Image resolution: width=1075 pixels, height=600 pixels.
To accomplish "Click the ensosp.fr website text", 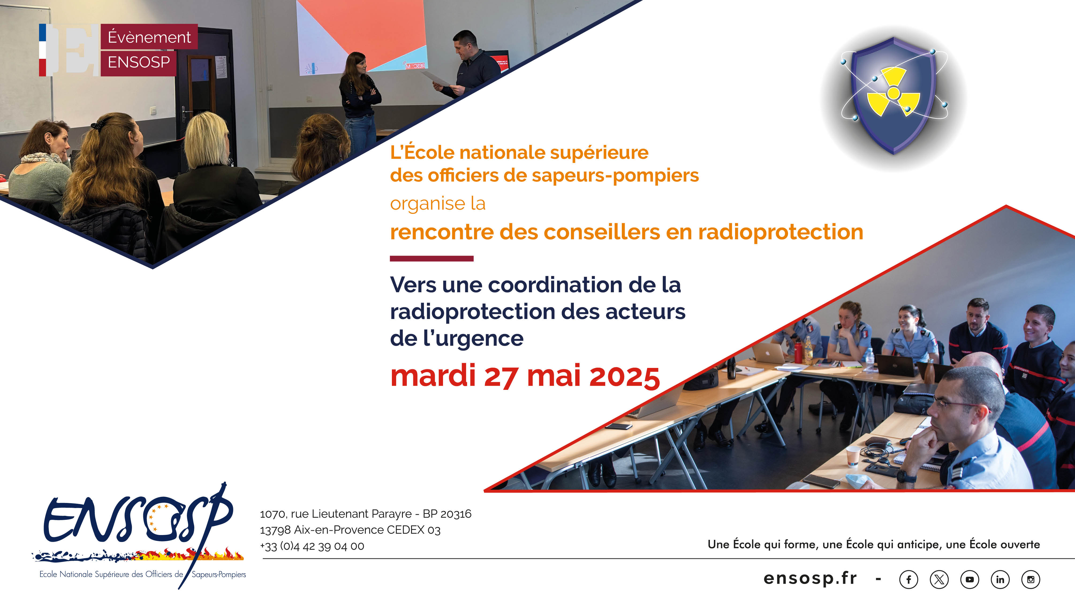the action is pos(810,579).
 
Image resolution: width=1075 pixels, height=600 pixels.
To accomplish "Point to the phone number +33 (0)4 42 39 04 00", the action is pos(312,546).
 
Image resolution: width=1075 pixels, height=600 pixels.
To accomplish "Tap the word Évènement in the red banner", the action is pos(149,37).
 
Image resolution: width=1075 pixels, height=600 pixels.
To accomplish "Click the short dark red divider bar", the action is pos(431,259).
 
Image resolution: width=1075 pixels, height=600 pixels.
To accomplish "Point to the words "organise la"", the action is pos(438,203).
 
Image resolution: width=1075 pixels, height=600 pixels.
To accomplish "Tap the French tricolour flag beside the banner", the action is pos(43,50).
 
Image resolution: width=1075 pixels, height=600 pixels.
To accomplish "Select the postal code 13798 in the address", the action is pos(275,530).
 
